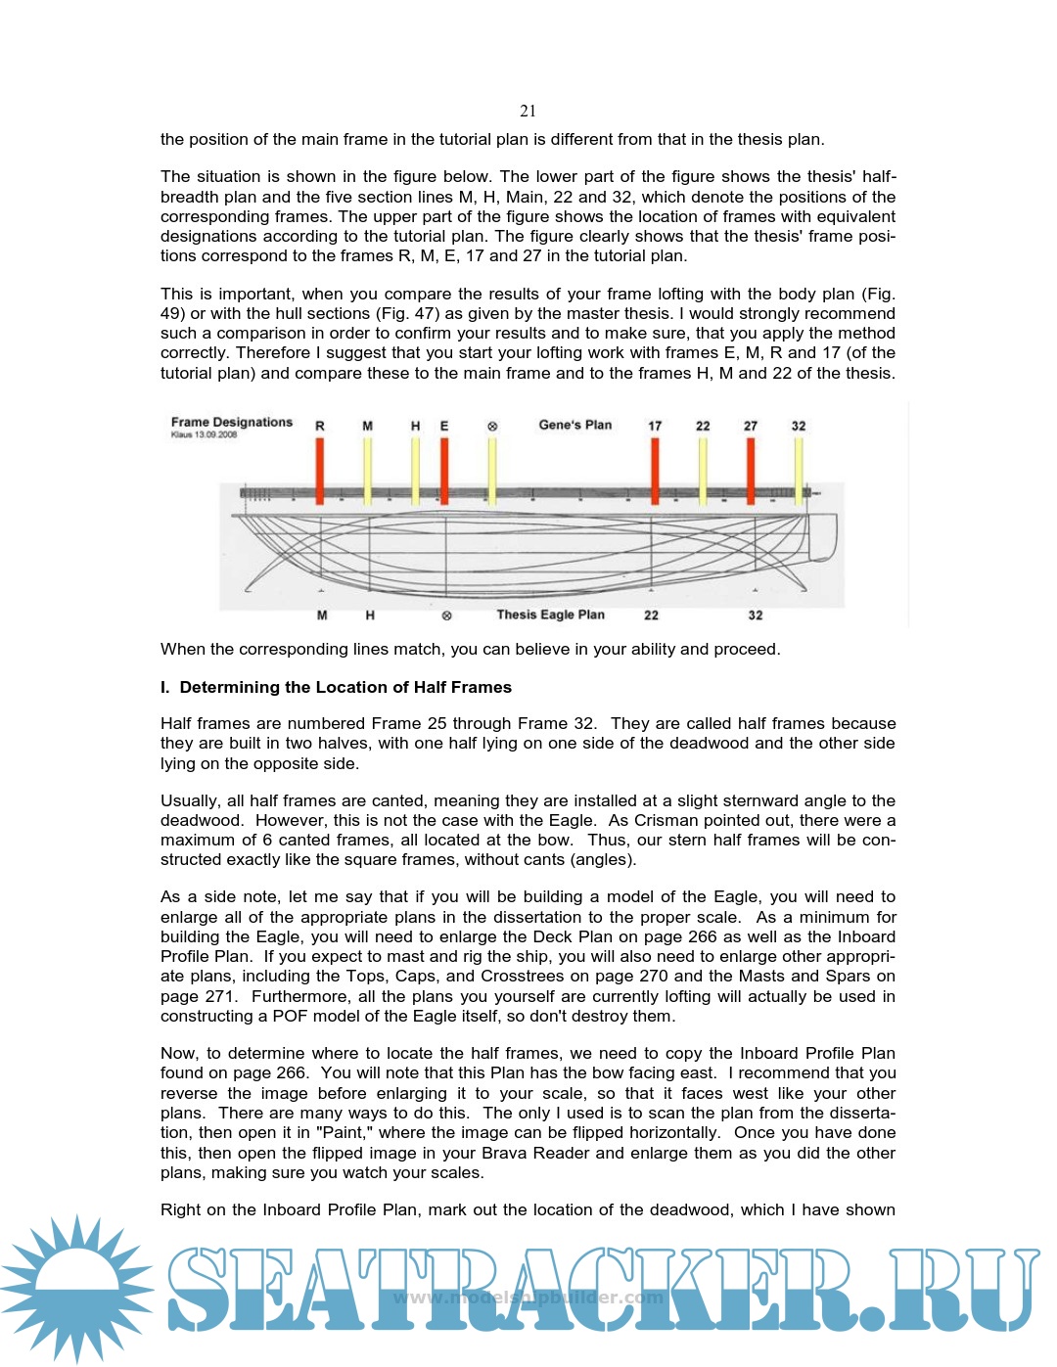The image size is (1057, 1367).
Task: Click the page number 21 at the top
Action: (x=528, y=111)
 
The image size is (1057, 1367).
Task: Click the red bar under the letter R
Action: (x=320, y=470)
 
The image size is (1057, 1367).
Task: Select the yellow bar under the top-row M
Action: (x=367, y=470)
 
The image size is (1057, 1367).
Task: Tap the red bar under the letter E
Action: (x=444, y=470)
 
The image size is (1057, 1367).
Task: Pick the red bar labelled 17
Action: (x=655, y=470)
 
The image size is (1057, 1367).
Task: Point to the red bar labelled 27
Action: (x=751, y=470)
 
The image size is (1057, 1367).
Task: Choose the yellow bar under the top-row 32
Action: (x=799, y=470)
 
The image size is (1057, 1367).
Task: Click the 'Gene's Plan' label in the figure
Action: (x=574, y=425)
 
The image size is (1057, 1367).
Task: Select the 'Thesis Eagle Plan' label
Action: (x=550, y=615)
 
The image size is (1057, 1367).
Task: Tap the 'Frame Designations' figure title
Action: (x=232, y=422)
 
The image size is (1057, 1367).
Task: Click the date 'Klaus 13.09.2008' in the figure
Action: (x=204, y=434)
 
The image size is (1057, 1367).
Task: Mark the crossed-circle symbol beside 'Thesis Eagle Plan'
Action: (x=447, y=615)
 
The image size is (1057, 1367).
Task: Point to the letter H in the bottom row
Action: (x=370, y=615)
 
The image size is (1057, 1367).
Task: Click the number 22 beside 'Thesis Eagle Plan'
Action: (x=651, y=615)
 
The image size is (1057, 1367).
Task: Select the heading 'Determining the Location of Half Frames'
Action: (x=345, y=687)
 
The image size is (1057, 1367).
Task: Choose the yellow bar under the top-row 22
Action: (x=703, y=470)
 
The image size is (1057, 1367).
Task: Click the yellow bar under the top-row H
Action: (x=415, y=470)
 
